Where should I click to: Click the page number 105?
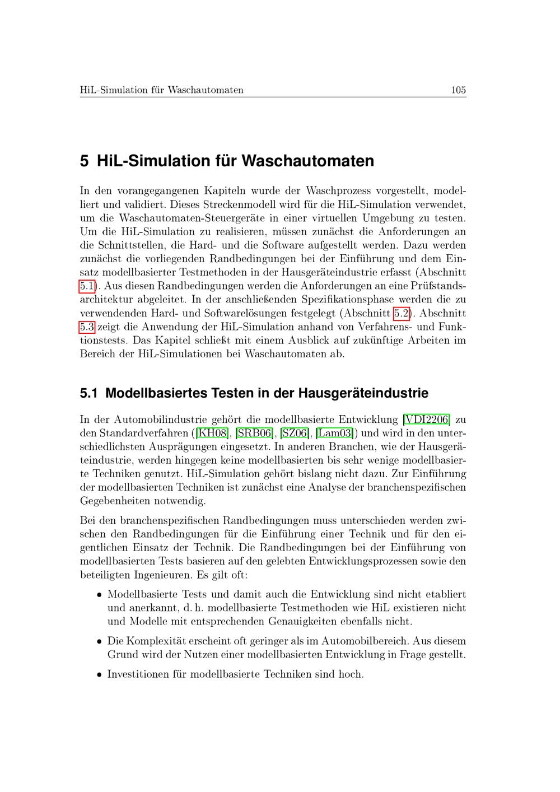click(458, 90)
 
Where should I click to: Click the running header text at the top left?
click(162, 90)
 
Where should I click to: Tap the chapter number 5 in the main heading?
click(85, 161)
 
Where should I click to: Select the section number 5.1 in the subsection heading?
click(89, 393)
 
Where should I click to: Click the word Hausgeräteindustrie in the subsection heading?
click(363, 393)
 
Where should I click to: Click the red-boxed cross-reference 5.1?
click(87, 286)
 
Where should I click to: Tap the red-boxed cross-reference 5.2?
click(402, 313)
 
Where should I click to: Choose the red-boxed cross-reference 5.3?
click(87, 327)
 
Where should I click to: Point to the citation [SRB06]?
click(255, 433)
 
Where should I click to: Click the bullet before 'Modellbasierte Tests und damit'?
click(99, 595)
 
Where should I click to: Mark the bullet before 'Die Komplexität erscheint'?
click(99, 641)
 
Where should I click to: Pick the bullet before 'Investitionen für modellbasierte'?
click(99, 675)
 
